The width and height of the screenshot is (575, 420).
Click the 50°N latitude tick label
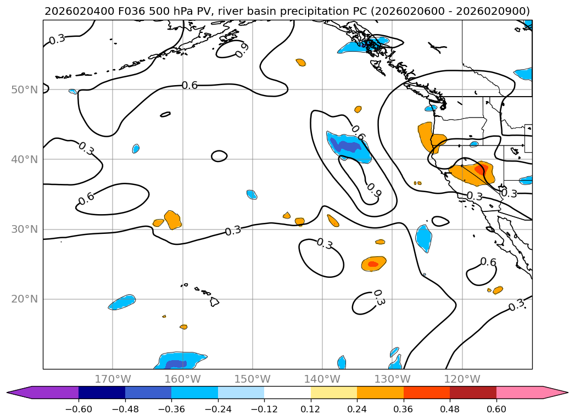coord(25,90)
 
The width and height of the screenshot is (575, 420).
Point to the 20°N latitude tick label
coord(25,299)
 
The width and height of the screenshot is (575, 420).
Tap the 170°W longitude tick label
coord(113,379)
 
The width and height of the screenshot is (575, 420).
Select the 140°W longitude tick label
coord(322,379)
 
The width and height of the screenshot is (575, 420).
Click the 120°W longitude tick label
coord(462,379)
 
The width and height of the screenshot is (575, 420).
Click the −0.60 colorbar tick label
coord(79,409)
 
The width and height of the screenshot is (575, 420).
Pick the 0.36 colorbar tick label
coord(404,409)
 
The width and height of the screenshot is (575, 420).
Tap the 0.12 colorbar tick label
coord(311,409)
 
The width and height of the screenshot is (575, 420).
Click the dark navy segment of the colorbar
coord(102,393)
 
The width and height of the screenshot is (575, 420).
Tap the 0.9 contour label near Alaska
coord(242,50)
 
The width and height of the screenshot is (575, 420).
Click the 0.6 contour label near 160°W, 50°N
coord(189,86)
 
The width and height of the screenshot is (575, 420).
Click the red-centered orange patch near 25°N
coord(373,264)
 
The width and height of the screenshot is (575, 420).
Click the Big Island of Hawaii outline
coord(214,301)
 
